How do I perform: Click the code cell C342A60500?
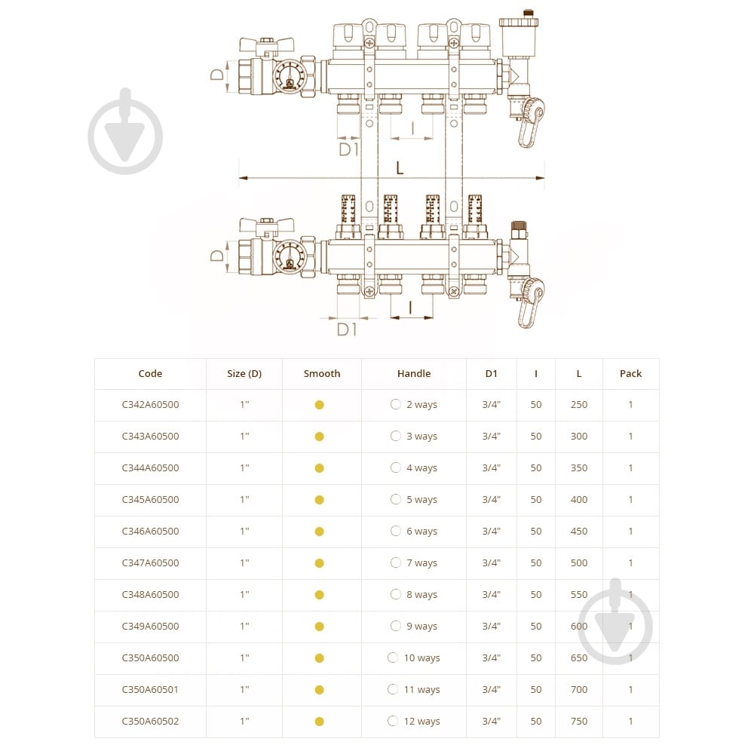[150, 404]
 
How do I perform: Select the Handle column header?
[413, 373]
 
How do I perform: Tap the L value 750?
[578, 721]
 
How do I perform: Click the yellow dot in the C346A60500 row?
[319, 532]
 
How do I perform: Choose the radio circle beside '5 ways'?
[396, 499]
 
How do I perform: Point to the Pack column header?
[630, 373]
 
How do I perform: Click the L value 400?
[578, 499]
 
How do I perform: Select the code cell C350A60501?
[150, 689]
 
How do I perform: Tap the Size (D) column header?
[244, 373]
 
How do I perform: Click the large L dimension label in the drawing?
[400, 168]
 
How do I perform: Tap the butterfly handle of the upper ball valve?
[266, 45]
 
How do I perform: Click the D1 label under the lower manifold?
[347, 329]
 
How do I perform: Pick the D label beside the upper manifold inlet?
[217, 75]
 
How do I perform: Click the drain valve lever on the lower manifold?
[529, 303]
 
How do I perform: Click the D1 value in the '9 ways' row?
[491, 626]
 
